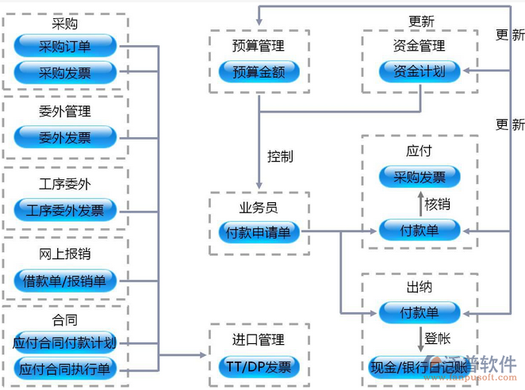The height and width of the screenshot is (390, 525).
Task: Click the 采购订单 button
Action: [65, 46]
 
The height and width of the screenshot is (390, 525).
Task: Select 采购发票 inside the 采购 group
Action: [65, 73]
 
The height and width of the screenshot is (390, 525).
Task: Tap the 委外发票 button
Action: [65, 137]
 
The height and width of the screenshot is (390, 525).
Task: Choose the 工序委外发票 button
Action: [65, 210]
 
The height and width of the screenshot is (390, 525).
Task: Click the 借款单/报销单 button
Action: [65, 280]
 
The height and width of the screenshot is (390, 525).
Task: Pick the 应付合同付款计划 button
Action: [65, 343]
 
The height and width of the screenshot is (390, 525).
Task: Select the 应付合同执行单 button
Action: [65, 369]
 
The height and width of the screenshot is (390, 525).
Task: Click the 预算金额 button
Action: [259, 71]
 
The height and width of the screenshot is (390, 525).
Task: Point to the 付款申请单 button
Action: [259, 232]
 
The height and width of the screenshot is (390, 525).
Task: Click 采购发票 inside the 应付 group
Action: [420, 177]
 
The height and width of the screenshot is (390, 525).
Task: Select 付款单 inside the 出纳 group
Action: [420, 312]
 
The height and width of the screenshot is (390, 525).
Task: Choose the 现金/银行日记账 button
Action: [420, 366]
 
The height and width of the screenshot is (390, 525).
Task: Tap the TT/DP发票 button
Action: [259, 366]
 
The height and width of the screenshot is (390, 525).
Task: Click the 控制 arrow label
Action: [280, 156]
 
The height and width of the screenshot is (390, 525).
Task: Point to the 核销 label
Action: [438, 204]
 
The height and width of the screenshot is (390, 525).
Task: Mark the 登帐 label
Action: [437, 339]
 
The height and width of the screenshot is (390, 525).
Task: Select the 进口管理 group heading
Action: [259, 340]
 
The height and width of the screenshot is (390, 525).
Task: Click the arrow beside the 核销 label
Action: [420, 204]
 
